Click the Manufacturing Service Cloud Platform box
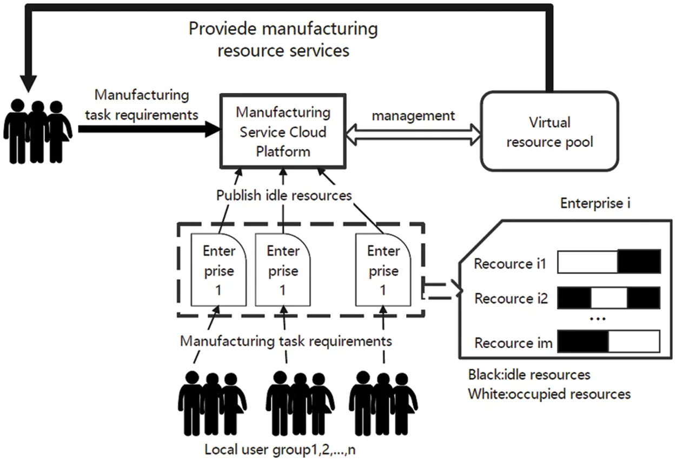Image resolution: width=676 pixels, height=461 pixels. point(282,131)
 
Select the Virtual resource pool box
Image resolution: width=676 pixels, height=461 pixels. point(549,131)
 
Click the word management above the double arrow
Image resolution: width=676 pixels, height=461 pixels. point(413,116)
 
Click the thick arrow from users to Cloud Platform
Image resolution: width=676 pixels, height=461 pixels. point(149,129)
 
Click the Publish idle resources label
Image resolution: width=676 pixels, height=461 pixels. point(284,195)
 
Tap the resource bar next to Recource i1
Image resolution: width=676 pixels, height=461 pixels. point(608,261)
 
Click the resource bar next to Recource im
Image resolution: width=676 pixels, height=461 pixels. point(608,342)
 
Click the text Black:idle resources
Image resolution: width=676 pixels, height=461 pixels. point(529,375)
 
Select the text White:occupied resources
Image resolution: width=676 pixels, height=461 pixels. point(549,393)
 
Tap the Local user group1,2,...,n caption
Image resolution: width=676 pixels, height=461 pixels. point(280,450)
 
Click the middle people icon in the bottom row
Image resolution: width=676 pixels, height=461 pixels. point(300,403)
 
